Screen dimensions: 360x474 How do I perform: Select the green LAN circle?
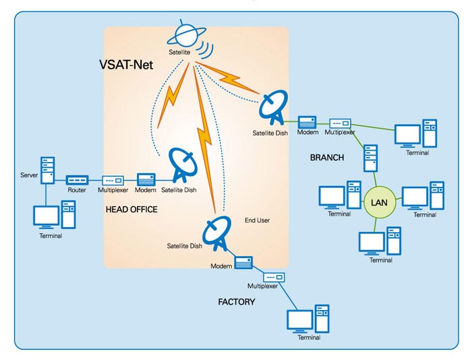pyautogui.click(x=376, y=202)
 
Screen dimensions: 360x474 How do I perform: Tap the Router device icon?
pyautogui.click(x=77, y=181)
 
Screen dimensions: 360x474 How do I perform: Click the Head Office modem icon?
pyautogui.click(x=146, y=180)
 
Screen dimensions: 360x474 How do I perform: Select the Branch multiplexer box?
pyautogui.click(x=340, y=125)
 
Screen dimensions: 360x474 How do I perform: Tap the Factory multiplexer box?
pyautogui.click(x=274, y=276)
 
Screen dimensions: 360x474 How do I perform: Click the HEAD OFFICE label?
pyautogui.click(x=131, y=210)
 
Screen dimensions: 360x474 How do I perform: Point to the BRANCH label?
pyautogui.click(x=327, y=158)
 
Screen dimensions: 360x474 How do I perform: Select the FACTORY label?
pyautogui.click(x=236, y=302)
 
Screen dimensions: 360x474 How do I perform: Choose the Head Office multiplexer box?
pyautogui.click(x=113, y=181)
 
